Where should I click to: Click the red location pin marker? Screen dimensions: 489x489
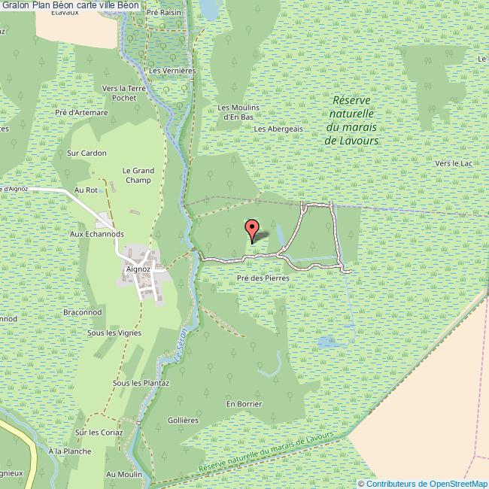(x=253, y=229)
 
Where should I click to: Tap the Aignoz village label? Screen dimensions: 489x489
(x=140, y=267)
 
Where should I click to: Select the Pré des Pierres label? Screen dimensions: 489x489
(x=263, y=278)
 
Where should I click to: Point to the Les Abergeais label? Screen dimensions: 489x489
(x=278, y=129)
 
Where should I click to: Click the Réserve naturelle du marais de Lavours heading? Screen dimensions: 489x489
(x=354, y=120)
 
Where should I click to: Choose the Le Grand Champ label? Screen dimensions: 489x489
(x=138, y=175)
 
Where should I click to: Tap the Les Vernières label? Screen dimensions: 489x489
(x=172, y=71)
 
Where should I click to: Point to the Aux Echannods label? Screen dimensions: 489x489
(x=96, y=234)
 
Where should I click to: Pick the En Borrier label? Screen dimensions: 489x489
(x=244, y=404)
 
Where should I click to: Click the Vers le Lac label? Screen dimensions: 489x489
(x=453, y=163)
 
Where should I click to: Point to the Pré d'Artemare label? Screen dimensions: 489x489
(x=81, y=113)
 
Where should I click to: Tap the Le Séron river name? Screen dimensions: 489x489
(x=181, y=344)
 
